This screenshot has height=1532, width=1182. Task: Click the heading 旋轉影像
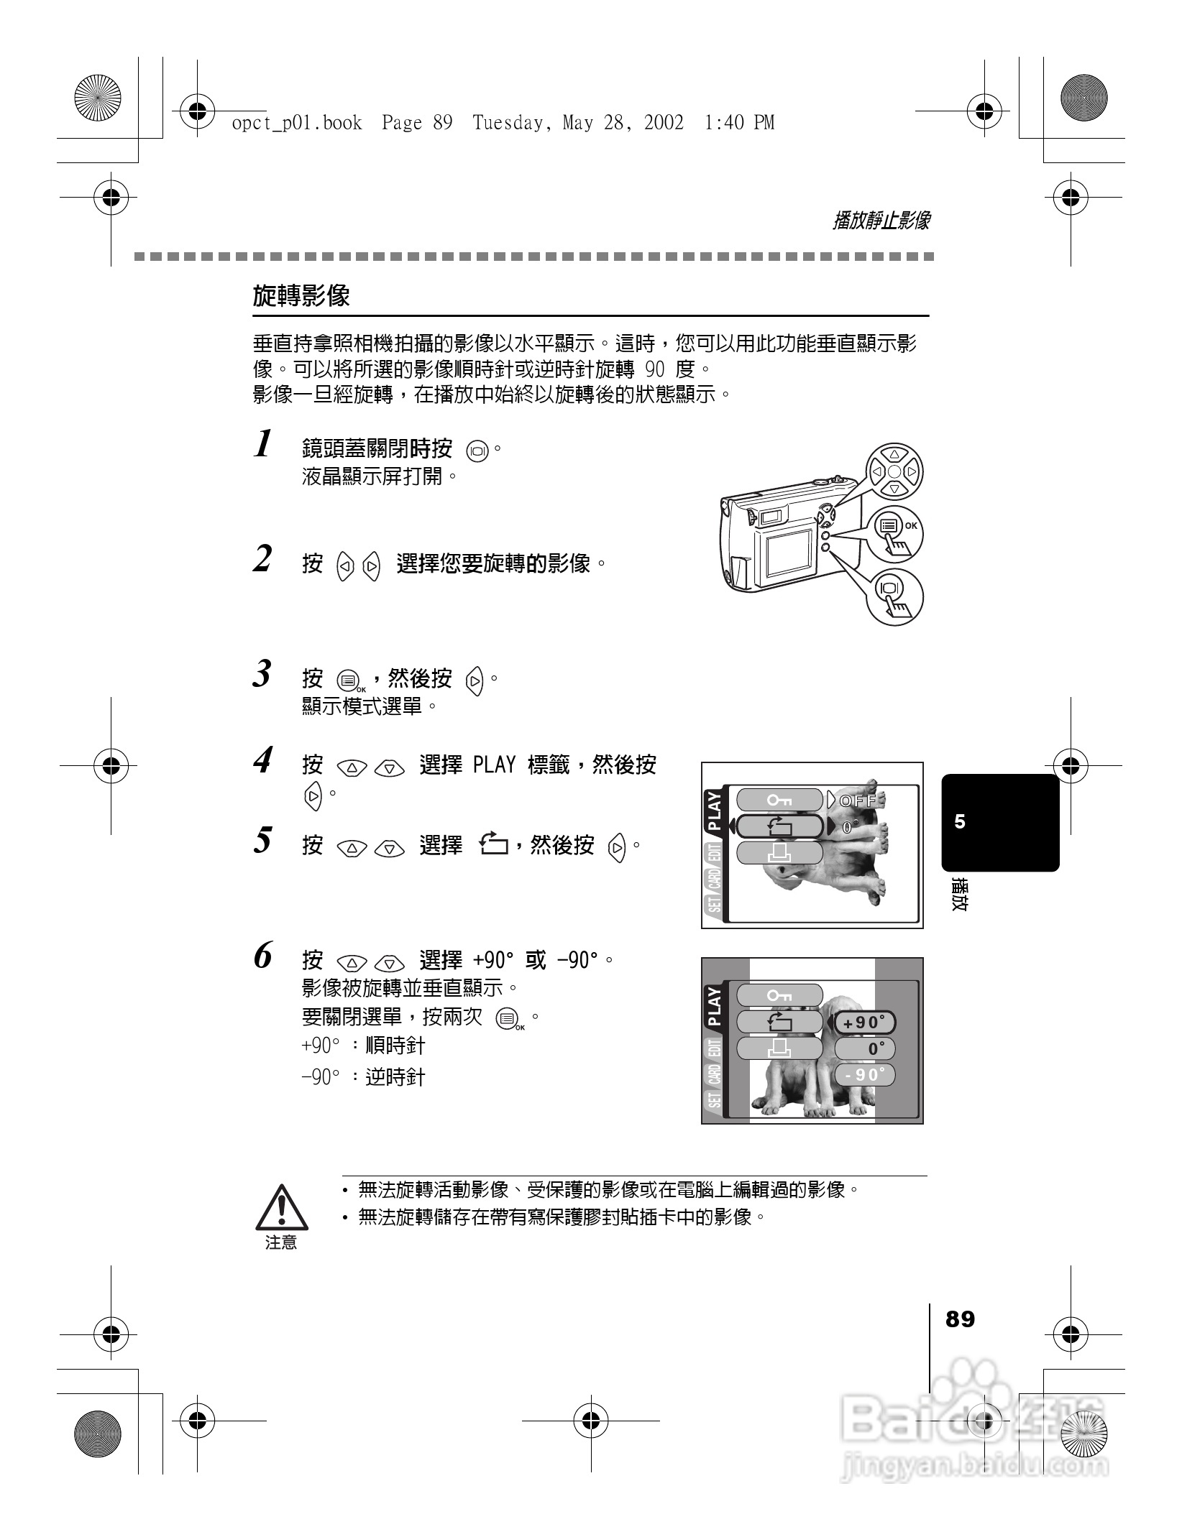pyautogui.click(x=301, y=295)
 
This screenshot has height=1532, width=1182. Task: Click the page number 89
pyautogui.click(x=960, y=1319)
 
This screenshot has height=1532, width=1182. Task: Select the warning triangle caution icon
pyautogui.click(x=282, y=1207)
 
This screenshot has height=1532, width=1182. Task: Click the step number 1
pyautogui.click(x=264, y=444)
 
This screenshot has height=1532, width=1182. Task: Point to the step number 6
pyautogui.click(x=264, y=956)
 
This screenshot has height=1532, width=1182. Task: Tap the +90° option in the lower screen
pyautogui.click(x=865, y=1023)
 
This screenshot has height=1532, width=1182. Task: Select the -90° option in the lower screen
pyautogui.click(x=865, y=1075)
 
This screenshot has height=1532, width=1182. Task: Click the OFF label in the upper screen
pyautogui.click(x=860, y=800)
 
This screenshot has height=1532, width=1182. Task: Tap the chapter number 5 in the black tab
pyautogui.click(x=960, y=822)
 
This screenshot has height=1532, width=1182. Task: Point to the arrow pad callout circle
pyautogui.click(x=894, y=471)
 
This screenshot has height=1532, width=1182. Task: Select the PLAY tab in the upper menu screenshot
pyautogui.click(x=714, y=811)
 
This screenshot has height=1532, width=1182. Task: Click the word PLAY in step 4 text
pyautogui.click(x=494, y=765)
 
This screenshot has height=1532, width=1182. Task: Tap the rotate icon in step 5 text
pyautogui.click(x=493, y=844)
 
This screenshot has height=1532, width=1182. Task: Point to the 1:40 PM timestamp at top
pyautogui.click(x=738, y=123)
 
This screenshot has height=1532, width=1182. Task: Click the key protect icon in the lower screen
pyautogui.click(x=779, y=995)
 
